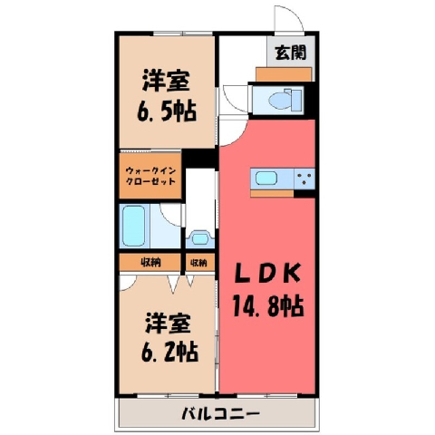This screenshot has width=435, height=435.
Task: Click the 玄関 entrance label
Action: (291, 53)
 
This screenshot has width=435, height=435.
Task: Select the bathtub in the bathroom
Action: (134, 226)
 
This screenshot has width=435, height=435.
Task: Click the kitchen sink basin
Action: (266, 179)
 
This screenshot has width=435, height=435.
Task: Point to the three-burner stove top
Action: (304, 179)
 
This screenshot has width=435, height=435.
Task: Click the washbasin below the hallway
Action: (199, 239)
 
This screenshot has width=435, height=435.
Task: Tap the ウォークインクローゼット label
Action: (150, 176)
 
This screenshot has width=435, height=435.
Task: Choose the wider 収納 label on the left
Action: (150, 263)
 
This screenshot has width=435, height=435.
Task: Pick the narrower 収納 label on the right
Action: (198, 263)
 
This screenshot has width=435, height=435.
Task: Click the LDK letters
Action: (267, 273)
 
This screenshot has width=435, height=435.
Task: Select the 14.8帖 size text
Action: (268, 305)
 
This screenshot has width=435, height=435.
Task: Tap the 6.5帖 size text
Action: (167, 111)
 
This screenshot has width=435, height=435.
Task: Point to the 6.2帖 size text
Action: (169, 352)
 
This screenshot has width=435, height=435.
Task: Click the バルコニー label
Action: (220, 413)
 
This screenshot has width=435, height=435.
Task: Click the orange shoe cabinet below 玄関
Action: (284, 74)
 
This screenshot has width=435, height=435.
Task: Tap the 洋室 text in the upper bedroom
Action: (166, 81)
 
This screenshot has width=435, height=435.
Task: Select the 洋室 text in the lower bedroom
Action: (168, 323)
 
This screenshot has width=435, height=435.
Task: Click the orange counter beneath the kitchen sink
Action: (272, 193)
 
